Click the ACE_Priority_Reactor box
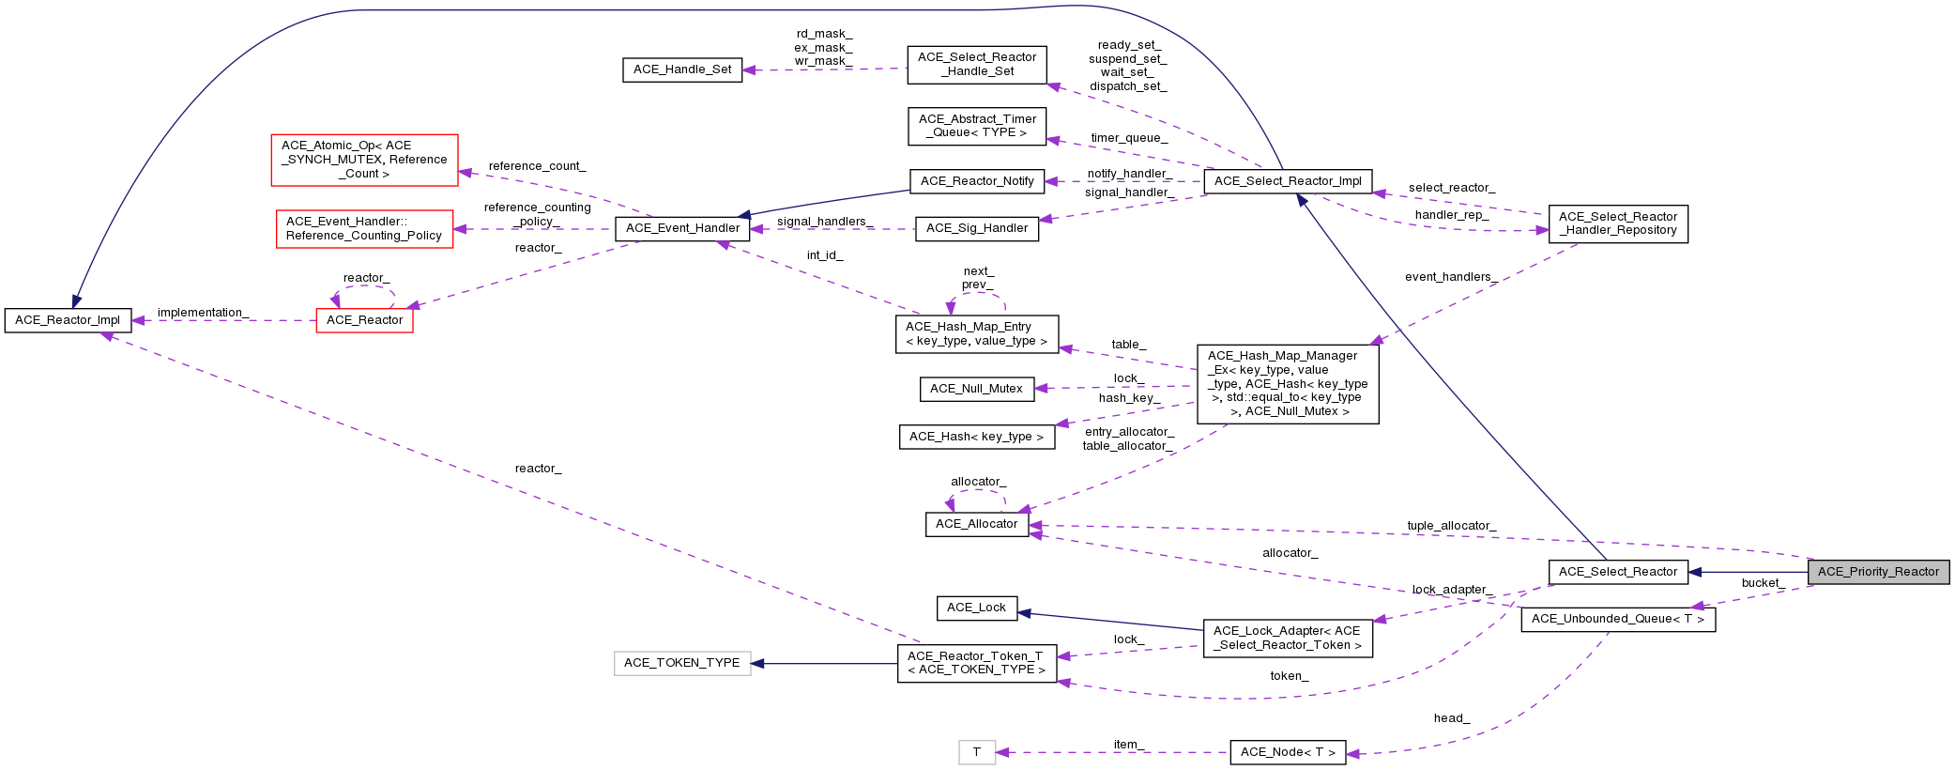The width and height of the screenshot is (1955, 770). (x=1878, y=571)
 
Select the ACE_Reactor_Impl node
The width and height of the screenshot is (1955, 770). (x=68, y=320)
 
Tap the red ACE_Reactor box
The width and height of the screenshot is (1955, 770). (x=364, y=320)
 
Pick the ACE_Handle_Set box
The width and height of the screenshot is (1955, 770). (x=682, y=69)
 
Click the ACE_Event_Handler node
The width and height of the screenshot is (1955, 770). (x=682, y=228)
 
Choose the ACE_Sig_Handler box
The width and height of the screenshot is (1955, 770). (x=976, y=228)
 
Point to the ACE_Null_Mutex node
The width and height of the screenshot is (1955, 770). (x=976, y=389)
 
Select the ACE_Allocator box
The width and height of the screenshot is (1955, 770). (x=976, y=524)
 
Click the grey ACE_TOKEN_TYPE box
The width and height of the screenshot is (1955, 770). (x=682, y=663)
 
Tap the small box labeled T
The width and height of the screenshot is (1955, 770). (x=976, y=752)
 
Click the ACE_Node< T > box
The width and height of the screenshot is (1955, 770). (x=1287, y=752)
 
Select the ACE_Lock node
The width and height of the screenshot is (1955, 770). (x=976, y=608)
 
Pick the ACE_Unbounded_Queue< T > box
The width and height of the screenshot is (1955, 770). (x=1617, y=619)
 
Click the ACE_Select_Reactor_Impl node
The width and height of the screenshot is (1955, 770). (x=1287, y=181)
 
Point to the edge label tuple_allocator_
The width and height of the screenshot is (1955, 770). (x=1451, y=526)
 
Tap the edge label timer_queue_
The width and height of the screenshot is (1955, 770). (x=1128, y=138)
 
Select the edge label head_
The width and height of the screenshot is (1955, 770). (x=1451, y=718)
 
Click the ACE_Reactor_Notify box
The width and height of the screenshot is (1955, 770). (x=976, y=181)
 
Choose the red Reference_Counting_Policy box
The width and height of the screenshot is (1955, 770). (x=364, y=228)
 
